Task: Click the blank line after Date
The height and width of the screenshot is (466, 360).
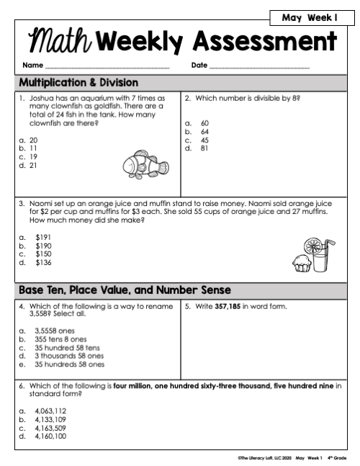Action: pyautogui.click(x=259, y=67)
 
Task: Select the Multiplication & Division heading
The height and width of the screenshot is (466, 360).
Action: pyautogui.click(x=79, y=81)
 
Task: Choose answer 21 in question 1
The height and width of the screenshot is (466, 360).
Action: pyautogui.click(x=33, y=164)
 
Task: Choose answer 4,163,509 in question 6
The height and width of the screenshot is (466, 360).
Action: pyautogui.click(x=50, y=428)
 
